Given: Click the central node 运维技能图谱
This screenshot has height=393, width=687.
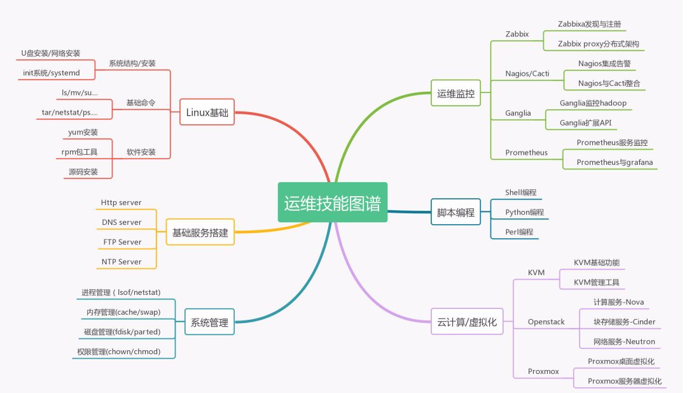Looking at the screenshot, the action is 333,202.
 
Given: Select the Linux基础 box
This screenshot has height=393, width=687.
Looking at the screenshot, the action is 207,112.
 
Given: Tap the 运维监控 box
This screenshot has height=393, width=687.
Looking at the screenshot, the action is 455,93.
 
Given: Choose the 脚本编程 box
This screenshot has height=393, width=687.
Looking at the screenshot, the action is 455,212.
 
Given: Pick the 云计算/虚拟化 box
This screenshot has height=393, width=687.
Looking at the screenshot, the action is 467,322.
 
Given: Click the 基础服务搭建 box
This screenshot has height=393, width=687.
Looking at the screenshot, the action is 200,232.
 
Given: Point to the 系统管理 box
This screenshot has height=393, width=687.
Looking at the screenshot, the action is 209,322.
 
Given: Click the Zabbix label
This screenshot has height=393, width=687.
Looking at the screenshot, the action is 517,34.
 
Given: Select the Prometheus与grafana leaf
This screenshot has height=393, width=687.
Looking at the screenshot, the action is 614,162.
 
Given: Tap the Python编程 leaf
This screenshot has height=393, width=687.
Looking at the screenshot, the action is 524,212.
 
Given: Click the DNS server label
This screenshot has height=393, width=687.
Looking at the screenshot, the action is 121,222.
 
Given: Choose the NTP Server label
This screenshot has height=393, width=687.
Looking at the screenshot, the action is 121,262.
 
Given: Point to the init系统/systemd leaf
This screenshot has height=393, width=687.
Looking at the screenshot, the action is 52,73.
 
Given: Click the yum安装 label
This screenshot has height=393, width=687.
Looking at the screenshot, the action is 83,132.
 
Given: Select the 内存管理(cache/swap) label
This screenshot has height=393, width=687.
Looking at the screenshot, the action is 123,312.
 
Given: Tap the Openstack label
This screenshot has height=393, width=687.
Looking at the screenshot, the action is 546,322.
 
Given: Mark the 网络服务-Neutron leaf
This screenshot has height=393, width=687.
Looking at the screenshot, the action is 625,341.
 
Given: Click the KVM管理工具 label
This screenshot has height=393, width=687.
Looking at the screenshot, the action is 597,282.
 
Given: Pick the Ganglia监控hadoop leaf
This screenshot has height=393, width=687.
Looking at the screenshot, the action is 593,103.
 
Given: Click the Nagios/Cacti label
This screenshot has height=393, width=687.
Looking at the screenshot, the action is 527,73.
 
